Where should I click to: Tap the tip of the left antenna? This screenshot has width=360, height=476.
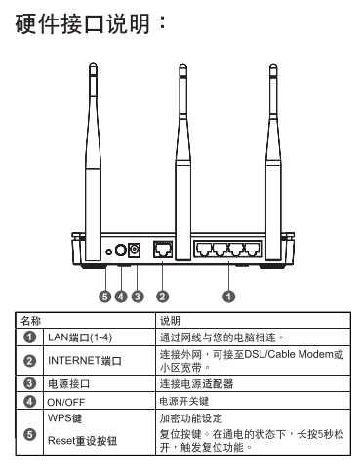tap(93, 63)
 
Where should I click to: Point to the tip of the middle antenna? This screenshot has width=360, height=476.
tap(183, 64)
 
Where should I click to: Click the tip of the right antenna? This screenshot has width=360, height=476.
tap(273, 64)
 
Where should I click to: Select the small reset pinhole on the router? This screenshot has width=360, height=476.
tap(109, 252)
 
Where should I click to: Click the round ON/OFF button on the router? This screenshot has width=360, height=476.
tap(121, 250)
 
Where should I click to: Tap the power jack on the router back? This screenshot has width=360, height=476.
tap(135, 250)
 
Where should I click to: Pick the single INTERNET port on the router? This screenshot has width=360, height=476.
tap(163, 250)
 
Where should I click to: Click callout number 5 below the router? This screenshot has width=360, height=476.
tap(104, 297)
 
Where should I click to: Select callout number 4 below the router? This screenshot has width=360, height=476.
tap(121, 297)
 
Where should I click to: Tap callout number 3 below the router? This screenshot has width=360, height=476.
tap(138, 297)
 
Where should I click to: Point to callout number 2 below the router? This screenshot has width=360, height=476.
tap(162, 297)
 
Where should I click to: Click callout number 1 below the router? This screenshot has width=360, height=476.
tap(228, 297)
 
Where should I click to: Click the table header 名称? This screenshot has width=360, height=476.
tap(30, 321)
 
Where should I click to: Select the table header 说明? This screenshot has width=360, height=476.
tap(170, 321)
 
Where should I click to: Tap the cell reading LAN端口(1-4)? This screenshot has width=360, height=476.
tap(80, 337)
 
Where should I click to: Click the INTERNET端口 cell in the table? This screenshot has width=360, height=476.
tap(85, 361)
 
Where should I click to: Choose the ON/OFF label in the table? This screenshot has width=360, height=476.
tap(66, 402)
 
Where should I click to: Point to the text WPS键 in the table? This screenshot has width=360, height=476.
tap(64, 417)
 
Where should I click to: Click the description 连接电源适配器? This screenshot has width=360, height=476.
tap(196, 384)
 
